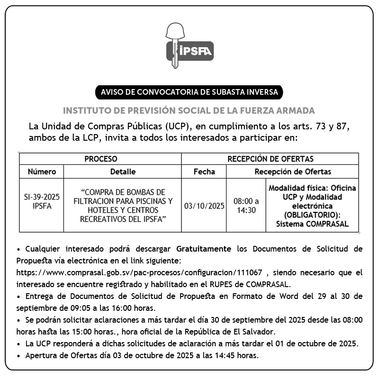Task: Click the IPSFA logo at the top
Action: [x=189, y=45]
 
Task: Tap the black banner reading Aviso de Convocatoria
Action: [x=189, y=91]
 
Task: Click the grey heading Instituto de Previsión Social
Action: [x=189, y=111]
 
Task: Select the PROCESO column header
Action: [x=100, y=159]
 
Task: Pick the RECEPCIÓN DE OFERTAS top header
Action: [x=270, y=159]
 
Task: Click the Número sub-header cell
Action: [x=42, y=171]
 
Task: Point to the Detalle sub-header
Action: [x=123, y=171]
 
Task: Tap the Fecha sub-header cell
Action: [x=204, y=171]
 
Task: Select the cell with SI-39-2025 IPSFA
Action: [x=42, y=201]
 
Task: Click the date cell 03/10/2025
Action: [x=204, y=206]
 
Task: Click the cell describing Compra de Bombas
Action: [x=123, y=206]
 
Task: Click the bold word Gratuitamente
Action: [x=204, y=248]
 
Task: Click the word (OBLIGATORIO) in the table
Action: [x=312, y=215]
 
